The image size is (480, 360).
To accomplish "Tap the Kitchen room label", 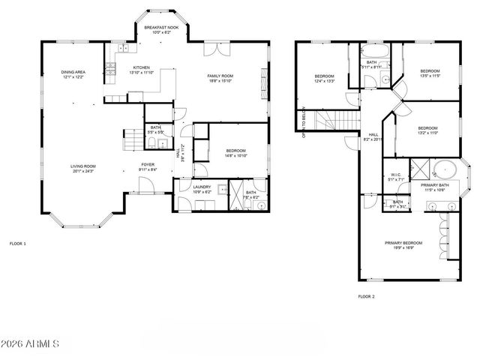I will click(142, 70).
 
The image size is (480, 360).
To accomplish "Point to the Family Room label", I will click(220, 78).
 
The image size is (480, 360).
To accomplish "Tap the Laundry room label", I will click(202, 189).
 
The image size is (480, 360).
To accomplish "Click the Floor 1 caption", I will click(17, 244).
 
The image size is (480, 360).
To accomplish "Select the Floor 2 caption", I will click(366, 296).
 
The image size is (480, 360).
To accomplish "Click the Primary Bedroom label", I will click(403, 244).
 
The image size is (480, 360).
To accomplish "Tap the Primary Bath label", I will click(434, 187).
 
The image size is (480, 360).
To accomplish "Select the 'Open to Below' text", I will click(304, 124).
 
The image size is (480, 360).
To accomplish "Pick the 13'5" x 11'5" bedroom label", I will click(429, 73).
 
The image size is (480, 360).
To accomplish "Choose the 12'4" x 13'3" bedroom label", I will click(324, 78).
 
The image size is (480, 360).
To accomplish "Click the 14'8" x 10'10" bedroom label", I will click(236, 154).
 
